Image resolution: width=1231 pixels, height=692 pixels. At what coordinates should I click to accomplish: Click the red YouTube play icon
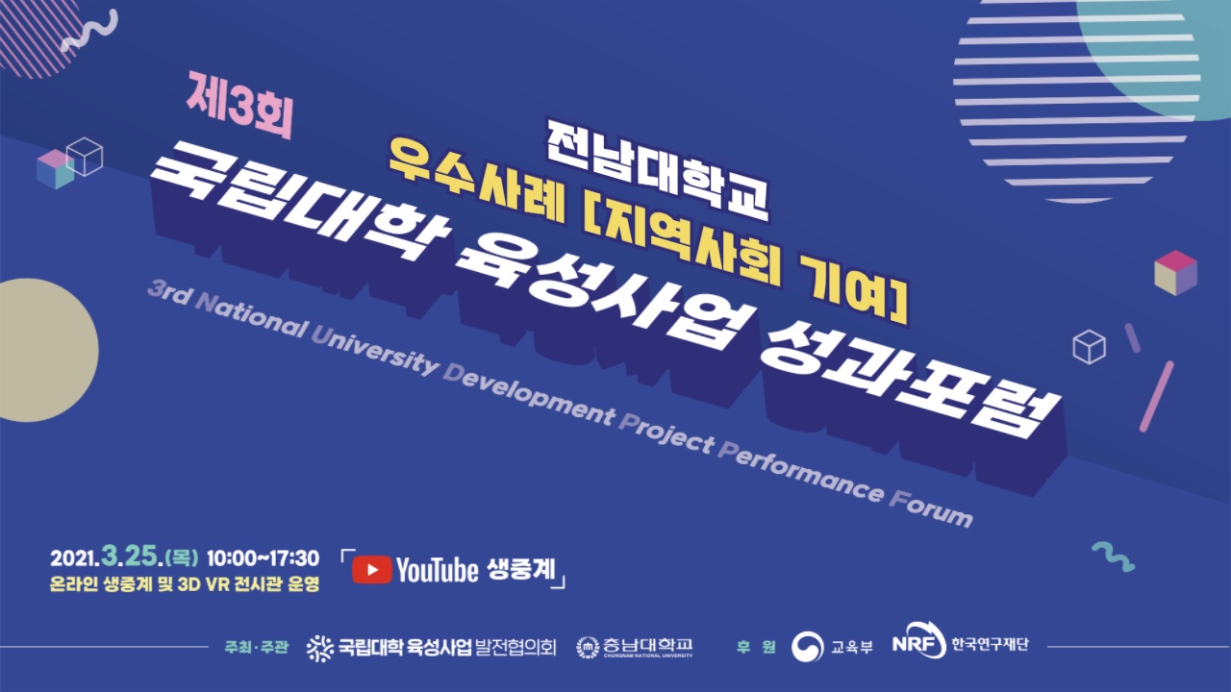point(371,570)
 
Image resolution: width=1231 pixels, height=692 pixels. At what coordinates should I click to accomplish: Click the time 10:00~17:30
point(263,558)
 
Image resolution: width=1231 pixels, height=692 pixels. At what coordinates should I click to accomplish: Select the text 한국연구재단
point(990,644)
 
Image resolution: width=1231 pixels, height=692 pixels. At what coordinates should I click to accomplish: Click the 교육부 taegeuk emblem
point(807,647)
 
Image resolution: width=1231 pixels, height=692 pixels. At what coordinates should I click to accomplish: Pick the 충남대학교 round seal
point(588,647)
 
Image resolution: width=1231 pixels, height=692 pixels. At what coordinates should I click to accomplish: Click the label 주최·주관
point(256,647)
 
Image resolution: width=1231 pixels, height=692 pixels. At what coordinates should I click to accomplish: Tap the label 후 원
point(756,647)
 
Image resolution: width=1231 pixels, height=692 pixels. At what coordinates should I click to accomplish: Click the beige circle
point(48,351)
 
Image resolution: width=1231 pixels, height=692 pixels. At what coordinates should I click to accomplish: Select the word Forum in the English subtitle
point(931,508)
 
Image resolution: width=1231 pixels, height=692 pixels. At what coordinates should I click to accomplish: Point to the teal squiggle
point(1114,556)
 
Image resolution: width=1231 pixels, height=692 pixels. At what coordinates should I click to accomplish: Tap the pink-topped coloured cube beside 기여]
point(1175,272)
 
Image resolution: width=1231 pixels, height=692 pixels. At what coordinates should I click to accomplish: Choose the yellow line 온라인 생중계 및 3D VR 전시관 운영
point(185,584)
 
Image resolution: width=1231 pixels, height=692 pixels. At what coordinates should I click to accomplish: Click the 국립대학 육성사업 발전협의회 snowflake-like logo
point(320,648)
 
